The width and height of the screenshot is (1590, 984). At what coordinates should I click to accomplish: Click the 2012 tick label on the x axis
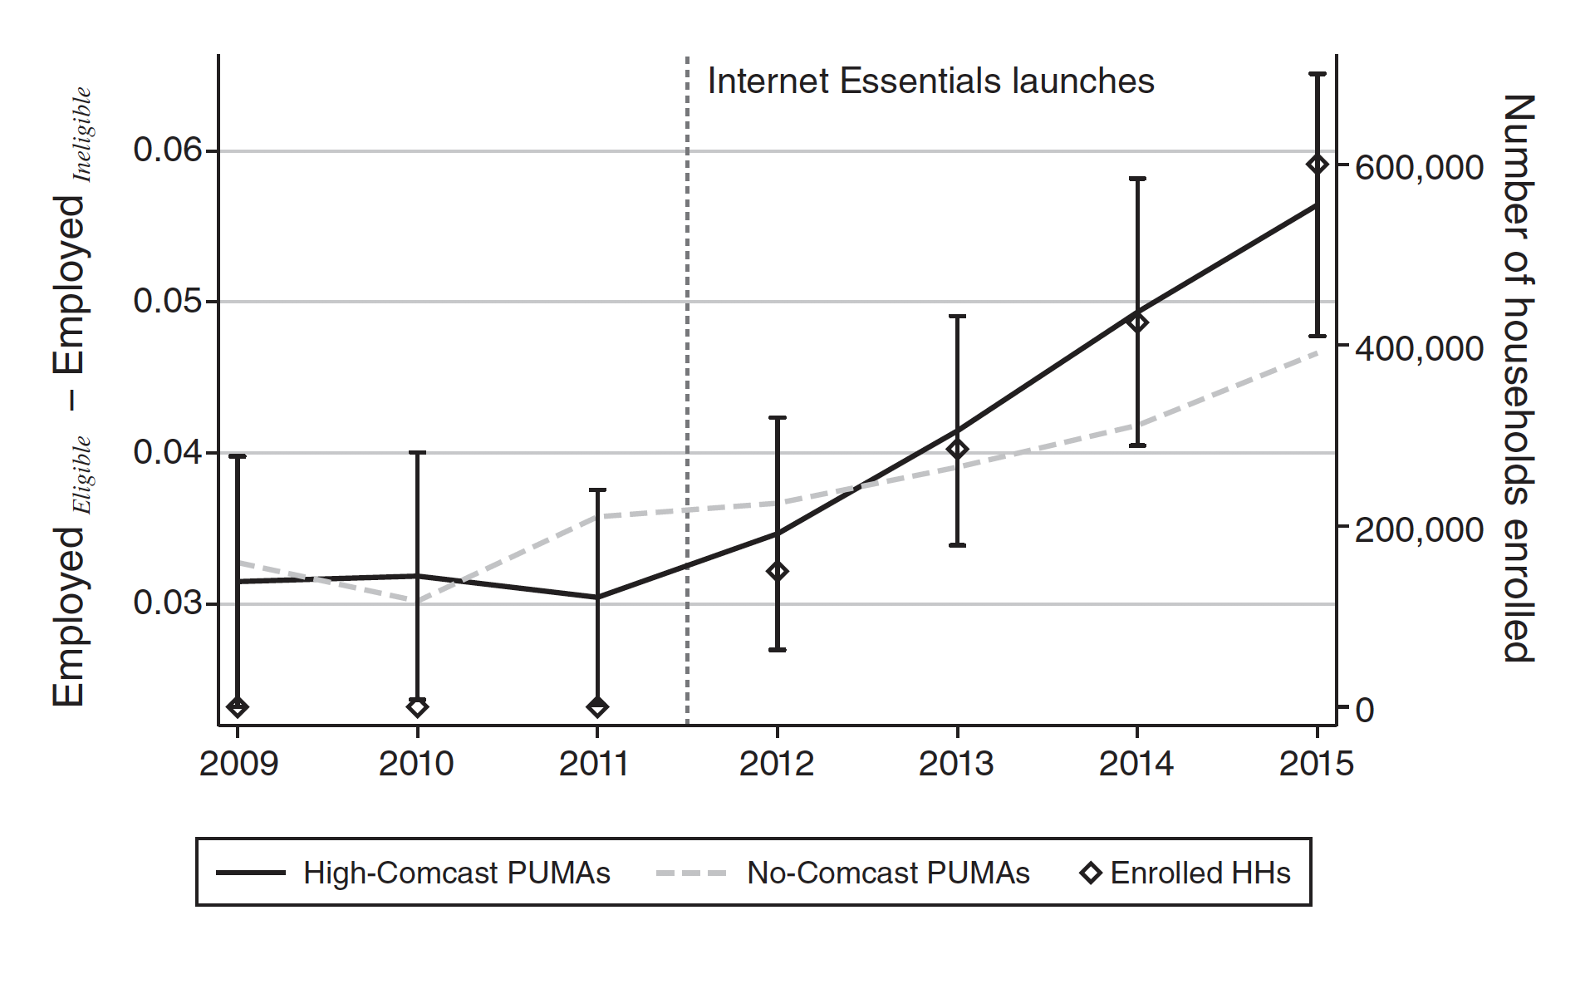point(776,764)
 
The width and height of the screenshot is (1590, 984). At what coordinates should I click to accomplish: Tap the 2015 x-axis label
point(1316,764)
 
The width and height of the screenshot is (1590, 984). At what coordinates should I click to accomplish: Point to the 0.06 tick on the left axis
point(168,150)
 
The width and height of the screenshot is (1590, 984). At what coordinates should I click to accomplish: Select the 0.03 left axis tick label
point(168,603)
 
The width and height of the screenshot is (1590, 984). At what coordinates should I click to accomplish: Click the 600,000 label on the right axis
point(1419,168)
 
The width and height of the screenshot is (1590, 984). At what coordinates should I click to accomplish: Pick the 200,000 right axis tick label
point(1419,530)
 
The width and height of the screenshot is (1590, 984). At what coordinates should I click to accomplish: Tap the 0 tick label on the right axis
point(1365,711)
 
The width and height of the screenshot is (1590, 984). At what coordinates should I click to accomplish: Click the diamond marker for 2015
point(1317,165)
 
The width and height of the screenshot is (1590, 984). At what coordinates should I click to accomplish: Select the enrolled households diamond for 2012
point(778,572)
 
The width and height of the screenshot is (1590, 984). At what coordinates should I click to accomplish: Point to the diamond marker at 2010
point(417,707)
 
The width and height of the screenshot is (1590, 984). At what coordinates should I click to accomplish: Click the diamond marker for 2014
point(1137,322)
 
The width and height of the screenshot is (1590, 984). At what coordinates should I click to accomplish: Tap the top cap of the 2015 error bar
point(1317,75)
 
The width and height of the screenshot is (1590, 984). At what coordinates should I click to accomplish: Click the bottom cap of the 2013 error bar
point(957,545)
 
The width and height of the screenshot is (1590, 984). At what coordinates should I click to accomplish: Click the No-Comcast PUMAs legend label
point(887,873)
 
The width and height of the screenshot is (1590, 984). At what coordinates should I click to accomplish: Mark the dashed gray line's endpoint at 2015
point(1317,352)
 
